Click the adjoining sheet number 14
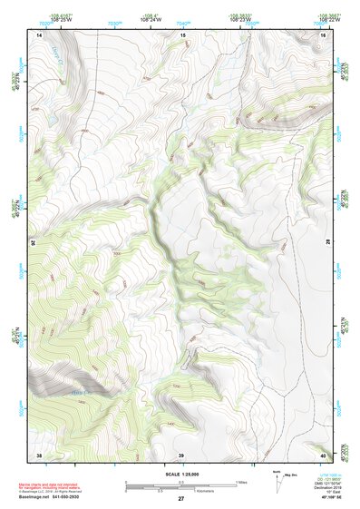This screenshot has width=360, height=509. [x=39, y=34]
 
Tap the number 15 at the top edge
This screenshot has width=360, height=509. [x=181, y=34]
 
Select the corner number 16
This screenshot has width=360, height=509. [x=324, y=34]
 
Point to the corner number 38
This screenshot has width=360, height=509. [x=39, y=454]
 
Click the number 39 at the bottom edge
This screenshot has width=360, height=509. [x=181, y=454]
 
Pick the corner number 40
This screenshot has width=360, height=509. [x=324, y=454]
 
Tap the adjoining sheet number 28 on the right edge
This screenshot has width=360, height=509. [x=328, y=243]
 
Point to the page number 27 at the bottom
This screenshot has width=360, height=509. [x=180, y=499]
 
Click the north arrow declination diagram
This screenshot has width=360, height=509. [x=278, y=481]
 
